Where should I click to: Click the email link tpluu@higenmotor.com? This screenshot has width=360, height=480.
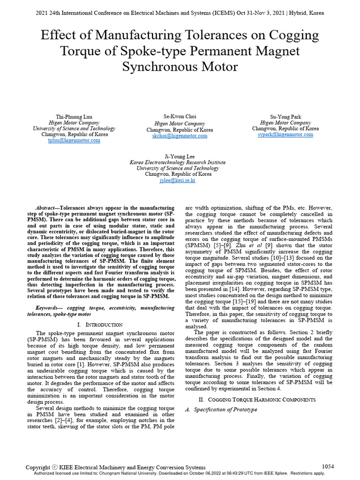74,140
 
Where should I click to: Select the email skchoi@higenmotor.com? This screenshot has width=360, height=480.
180,135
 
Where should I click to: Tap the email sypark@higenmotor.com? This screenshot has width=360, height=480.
285,134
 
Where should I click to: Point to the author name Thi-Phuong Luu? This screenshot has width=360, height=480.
74,116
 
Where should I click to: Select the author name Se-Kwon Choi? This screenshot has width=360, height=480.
180,116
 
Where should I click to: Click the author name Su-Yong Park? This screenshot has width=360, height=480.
285,116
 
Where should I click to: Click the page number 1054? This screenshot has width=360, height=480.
328,466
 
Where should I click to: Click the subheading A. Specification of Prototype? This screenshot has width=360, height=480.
222,409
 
